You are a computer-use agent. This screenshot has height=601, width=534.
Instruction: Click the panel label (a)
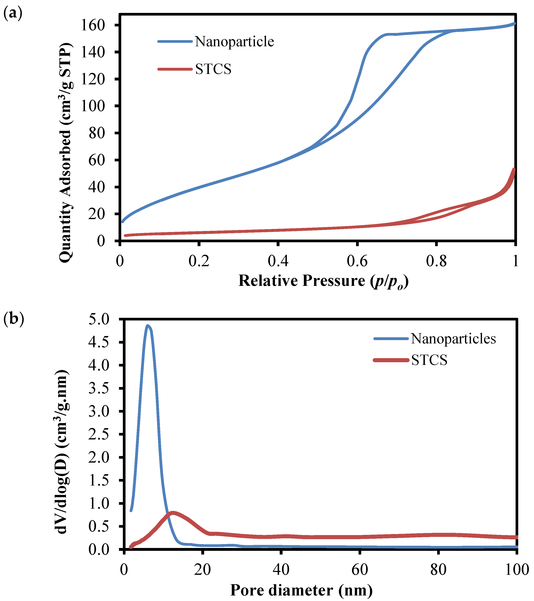(x=13, y=14)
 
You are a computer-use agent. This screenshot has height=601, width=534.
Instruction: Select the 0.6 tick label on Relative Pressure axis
(x=357, y=261)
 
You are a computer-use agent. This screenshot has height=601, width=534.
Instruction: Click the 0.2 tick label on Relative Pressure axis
(x=199, y=261)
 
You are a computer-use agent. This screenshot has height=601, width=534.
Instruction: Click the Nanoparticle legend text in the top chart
(x=234, y=42)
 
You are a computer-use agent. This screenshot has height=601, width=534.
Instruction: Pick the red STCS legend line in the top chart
(x=175, y=69)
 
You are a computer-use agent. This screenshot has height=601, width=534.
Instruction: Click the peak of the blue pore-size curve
(x=148, y=326)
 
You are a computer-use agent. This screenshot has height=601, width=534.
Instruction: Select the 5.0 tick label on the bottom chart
(x=99, y=319)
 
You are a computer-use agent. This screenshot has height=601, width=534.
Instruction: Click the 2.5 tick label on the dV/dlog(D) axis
(x=99, y=434)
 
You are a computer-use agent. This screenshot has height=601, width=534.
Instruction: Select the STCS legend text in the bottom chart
(x=429, y=360)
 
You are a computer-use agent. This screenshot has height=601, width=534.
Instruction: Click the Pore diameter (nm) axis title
(x=301, y=590)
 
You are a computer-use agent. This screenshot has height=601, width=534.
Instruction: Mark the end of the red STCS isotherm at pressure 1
(x=514, y=169)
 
